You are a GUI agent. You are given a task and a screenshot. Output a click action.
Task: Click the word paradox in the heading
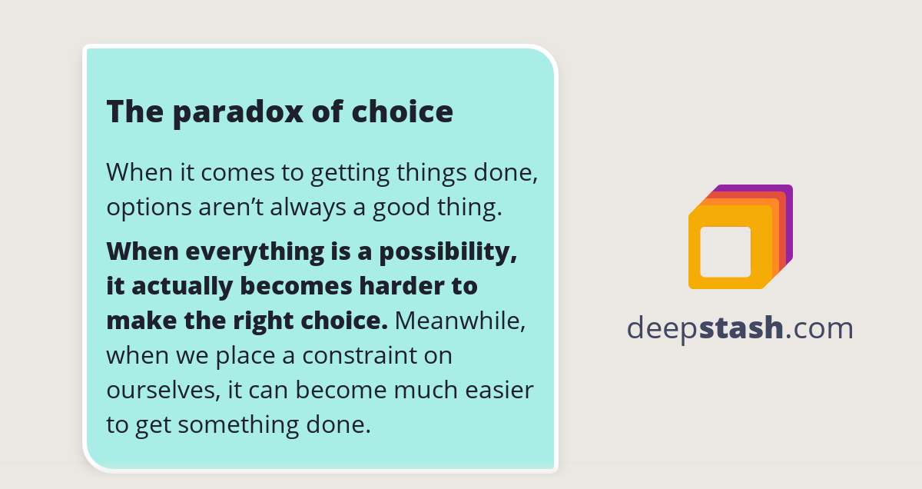pyautogui.click(x=238, y=113)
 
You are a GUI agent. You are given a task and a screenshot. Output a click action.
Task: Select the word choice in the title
pyautogui.click(x=402, y=111)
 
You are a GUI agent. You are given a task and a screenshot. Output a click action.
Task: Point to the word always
pyautogui.click(x=308, y=208)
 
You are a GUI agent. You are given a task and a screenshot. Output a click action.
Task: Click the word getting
pyautogui.click(x=350, y=174)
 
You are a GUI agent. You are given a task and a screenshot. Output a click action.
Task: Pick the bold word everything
pyautogui.click(x=255, y=252)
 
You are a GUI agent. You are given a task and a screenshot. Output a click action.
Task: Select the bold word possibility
pyautogui.click(x=448, y=252)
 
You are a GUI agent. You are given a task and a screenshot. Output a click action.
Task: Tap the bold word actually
pyautogui.click(x=182, y=287)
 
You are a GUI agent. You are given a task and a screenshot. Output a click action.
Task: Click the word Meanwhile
pyautogui.click(x=460, y=321)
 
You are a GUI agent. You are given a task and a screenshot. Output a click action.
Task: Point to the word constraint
pyautogui.click(x=360, y=355)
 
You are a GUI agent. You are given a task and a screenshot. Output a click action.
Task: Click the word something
pyautogui.click(x=238, y=425)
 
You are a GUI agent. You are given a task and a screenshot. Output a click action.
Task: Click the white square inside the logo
pyautogui.click(x=725, y=251)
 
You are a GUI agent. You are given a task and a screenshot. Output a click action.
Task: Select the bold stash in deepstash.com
pyautogui.click(x=741, y=328)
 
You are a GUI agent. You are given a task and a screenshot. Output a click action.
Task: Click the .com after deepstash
pyautogui.click(x=819, y=330)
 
